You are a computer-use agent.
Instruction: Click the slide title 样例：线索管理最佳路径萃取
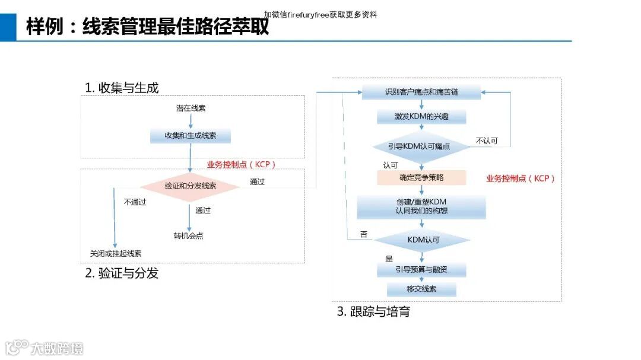[148, 27]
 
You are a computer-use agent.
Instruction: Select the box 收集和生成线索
[191, 136]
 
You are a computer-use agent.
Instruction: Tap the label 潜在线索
[191, 109]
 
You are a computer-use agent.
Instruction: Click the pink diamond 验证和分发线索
[190, 186]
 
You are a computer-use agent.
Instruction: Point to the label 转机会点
[189, 236]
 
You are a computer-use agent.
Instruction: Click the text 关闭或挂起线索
[116, 253]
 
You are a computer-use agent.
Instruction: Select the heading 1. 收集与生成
[122, 88]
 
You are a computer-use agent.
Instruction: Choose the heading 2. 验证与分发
[122, 273]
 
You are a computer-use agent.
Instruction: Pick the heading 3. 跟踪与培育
[373, 311]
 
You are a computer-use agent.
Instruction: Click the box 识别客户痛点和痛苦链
[421, 93]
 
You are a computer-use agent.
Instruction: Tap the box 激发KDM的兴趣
[421, 117]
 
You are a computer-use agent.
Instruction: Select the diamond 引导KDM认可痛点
[422, 146]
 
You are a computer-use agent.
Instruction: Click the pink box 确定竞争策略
[421, 177]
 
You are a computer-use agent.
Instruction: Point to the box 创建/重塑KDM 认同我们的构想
[421, 206]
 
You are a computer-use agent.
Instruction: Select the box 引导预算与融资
[421, 270]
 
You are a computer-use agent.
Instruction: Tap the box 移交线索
[421, 289]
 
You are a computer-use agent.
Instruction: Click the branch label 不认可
[487, 141]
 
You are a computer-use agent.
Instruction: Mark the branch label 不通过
[135, 202]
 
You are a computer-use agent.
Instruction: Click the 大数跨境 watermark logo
[45, 348]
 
